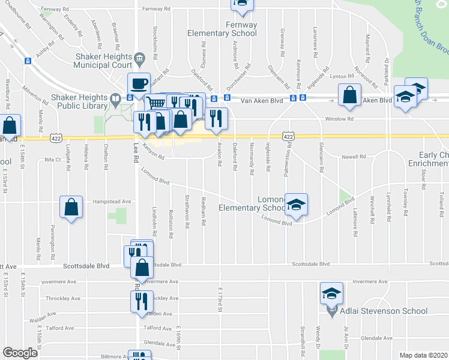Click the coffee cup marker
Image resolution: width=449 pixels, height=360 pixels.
139,83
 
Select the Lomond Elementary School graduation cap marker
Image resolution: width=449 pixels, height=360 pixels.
296,204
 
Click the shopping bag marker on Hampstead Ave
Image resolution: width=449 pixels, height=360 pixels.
71,207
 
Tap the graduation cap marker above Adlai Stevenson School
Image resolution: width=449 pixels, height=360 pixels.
331,293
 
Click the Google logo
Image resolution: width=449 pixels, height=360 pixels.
20,353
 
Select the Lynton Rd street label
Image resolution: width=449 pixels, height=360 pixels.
342,76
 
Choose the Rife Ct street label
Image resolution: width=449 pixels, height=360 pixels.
53,160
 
